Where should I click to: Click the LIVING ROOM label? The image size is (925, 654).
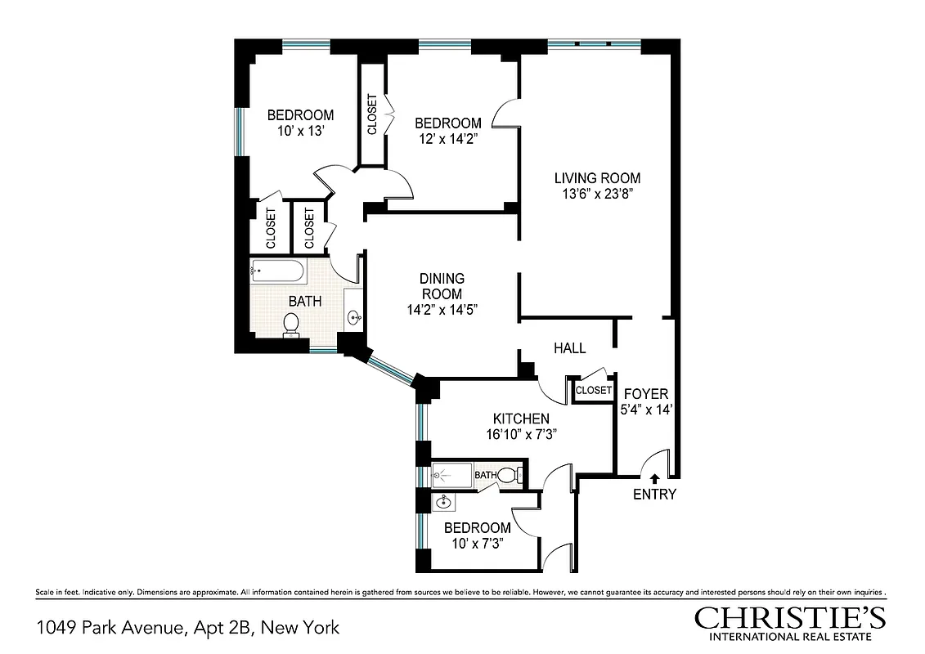pos(597,177)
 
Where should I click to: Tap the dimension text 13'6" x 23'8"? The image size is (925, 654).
pos(597,194)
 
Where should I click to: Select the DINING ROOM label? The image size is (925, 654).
pos(442,286)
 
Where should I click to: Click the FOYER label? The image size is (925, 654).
pos(646,393)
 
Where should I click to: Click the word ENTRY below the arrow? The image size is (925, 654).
pos(654,495)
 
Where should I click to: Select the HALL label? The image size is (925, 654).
pos(569,348)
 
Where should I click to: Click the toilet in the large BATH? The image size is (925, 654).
pos(292,325)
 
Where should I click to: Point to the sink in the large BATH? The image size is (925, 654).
pos(354,318)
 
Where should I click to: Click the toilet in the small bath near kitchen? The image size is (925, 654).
pos(509,474)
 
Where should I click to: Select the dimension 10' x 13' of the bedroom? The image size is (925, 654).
pos(300,130)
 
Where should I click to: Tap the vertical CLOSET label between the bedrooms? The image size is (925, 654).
pos(372,115)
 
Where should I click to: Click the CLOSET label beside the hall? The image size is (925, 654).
pos(594,391)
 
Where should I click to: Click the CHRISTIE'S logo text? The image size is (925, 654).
pos(790,617)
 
